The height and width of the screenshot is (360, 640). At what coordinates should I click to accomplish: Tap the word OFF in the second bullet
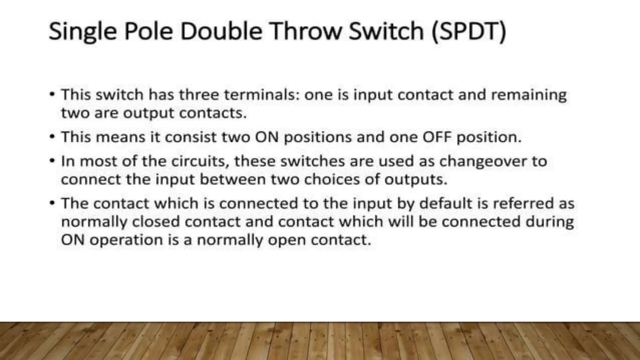coord(437,137)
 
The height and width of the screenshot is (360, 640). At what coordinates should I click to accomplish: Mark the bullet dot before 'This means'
coord(52,137)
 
